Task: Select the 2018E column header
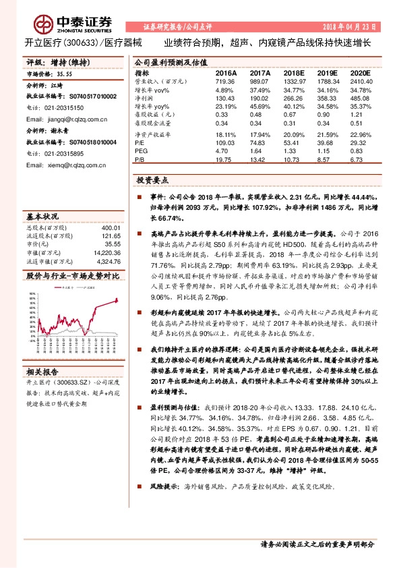tap(294, 72)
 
